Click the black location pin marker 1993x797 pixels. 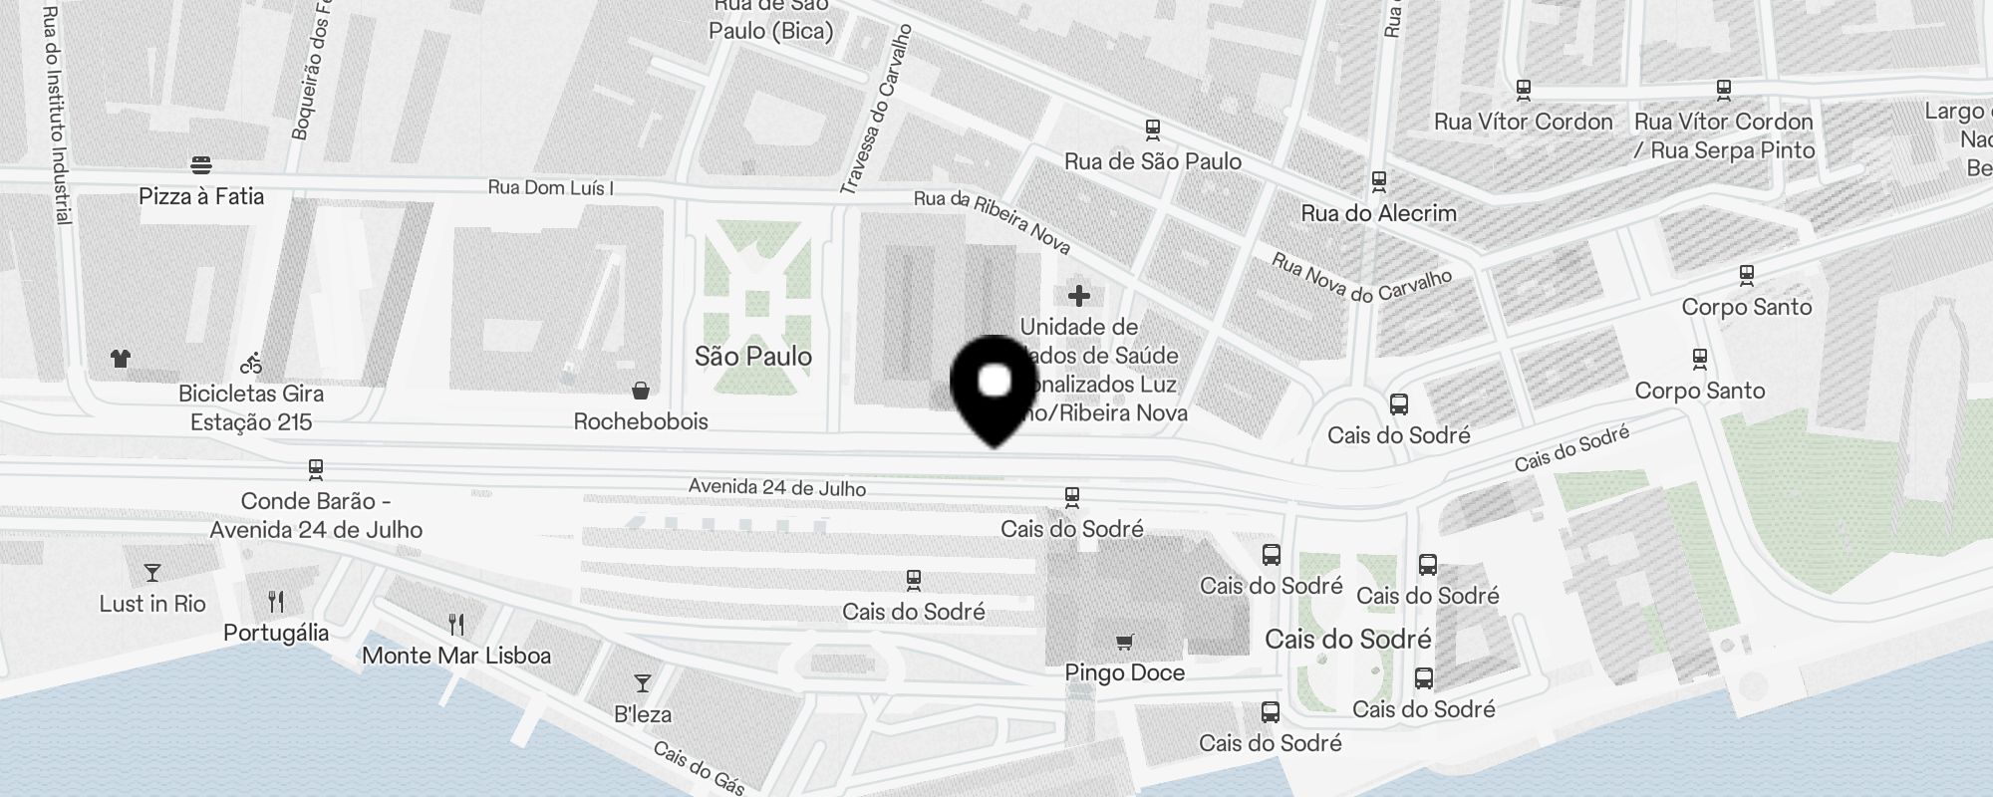click(995, 389)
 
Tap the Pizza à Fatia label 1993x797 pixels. click(201, 196)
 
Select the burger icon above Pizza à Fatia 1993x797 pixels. click(201, 164)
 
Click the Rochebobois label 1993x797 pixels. click(641, 421)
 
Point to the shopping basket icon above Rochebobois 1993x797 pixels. click(641, 390)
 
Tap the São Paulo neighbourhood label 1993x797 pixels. click(753, 357)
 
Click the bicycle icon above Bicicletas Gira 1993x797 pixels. click(251, 364)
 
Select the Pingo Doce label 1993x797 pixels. click(1125, 672)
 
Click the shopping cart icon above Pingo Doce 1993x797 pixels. click(1125, 643)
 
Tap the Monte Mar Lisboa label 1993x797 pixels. click(456, 656)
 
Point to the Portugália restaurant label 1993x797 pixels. click(276, 633)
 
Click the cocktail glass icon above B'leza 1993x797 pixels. click(643, 683)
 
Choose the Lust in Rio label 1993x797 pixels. click(152, 604)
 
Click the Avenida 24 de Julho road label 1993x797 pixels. click(777, 487)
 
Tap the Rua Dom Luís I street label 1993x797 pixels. click(550, 187)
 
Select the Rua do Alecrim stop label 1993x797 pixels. click(1379, 213)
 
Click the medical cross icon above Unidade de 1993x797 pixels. click(1078, 296)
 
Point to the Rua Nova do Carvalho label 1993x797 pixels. click(1361, 276)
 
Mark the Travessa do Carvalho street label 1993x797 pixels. click(876, 110)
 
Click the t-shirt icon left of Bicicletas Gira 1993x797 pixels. click(121, 359)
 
